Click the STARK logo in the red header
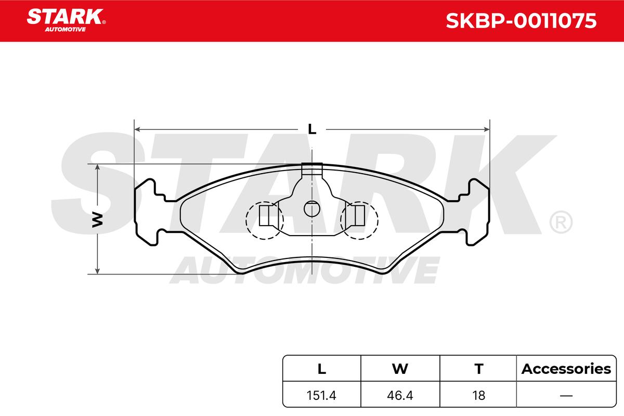(x=66, y=20)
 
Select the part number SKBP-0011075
(x=521, y=21)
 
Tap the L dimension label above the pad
(x=312, y=129)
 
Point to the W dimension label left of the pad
(x=98, y=219)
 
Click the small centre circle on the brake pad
(x=312, y=209)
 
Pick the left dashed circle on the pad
(x=265, y=220)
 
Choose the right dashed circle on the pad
(x=359, y=220)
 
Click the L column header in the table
(x=322, y=369)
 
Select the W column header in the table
(x=400, y=369)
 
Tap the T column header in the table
(x=478, y=369)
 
